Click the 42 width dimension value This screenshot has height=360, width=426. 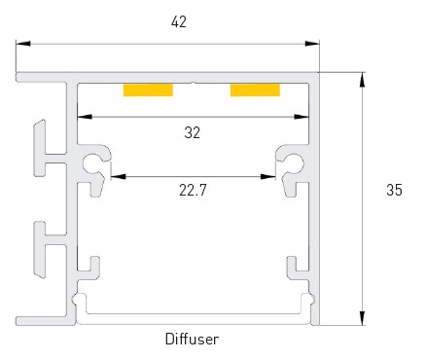[179, 22]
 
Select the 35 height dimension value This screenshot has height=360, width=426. [394, 190]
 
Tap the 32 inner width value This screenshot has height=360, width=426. [193, 132]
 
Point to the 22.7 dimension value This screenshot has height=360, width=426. [193, 190]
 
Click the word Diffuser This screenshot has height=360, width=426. [192, 340]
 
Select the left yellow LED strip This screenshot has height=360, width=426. [148, 90]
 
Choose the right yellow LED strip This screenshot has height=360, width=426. [255, 90]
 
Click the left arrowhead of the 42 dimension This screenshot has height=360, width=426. [23, 44]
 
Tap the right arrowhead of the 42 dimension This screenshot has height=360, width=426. [312, 44]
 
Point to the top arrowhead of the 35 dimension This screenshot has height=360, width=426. [362, 80]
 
